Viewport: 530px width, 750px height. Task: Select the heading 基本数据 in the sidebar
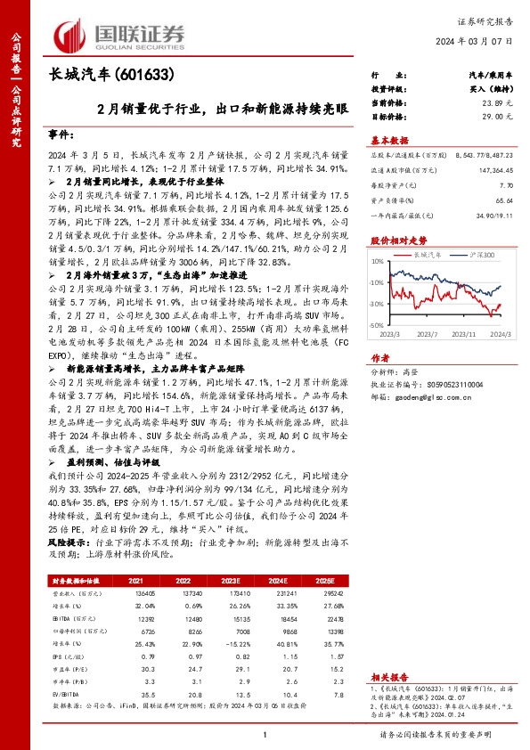click(389, 141)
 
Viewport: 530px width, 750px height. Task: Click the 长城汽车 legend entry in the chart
click(430, 254)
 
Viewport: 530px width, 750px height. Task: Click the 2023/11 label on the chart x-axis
click(461, 336)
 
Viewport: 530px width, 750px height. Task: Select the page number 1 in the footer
click(265, 734)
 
